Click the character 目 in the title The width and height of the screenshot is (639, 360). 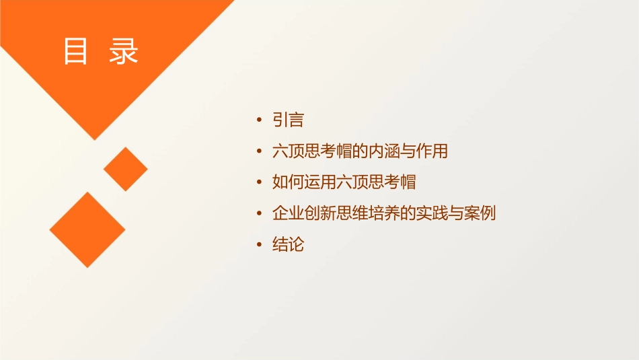click(x=75, y=52)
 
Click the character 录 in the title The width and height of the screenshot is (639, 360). click(x=124, y=52)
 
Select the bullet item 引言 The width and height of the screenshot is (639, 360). click(x=288, y=120)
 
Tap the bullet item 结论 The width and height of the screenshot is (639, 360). click(x=288, y=244)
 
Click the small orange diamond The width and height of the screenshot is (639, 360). click(x=126, y=169)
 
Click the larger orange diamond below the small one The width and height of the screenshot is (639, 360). click(x=87, y=229)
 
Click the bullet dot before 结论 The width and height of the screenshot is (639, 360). click(x=260, y=245)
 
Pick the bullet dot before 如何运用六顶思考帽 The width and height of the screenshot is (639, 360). click(x=260, y=183)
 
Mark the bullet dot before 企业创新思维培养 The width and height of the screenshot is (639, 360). click(x=260, y=214)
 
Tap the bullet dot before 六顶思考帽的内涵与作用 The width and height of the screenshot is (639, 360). click(x=260, y=152)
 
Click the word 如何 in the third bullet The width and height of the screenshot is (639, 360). click(x=288, y=182)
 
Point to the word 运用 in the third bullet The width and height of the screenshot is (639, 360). click(x=319, y=182)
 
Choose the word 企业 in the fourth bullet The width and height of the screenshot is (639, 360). click(x=288, y=213)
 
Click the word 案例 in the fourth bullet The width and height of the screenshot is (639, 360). click(x=480, y=213)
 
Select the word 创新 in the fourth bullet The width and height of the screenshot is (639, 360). click(x=319, y=213)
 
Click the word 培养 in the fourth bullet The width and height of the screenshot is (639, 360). click(x=384, y=213)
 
